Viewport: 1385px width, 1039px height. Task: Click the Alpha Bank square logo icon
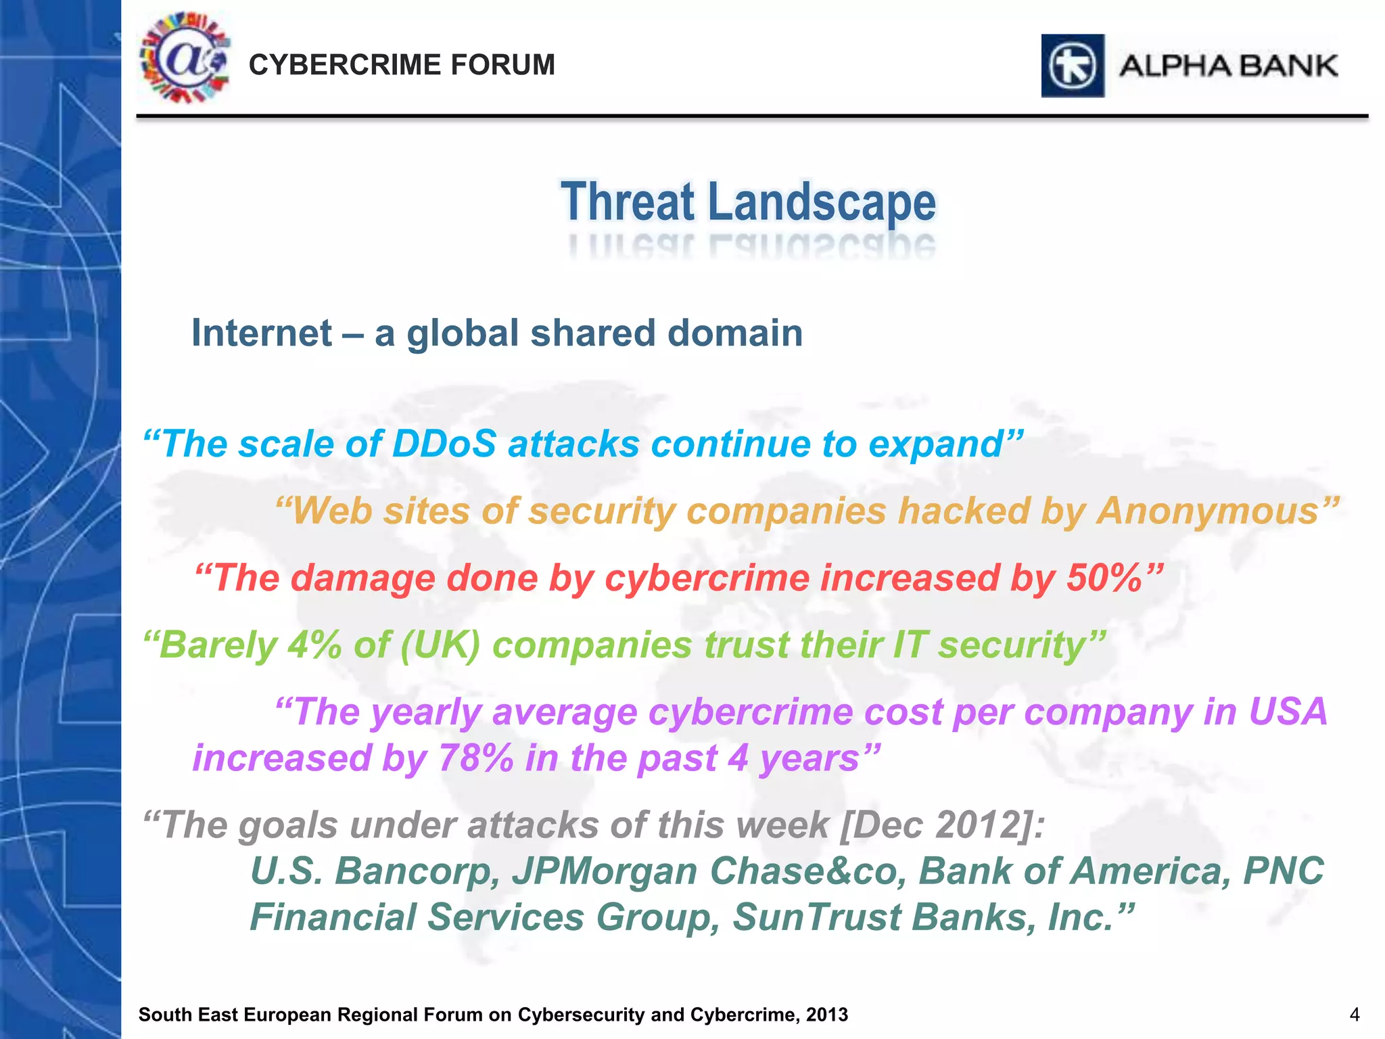pos(1073,66)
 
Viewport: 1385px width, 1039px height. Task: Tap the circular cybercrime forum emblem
pos(184,58)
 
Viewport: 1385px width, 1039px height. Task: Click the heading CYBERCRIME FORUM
pos(402,65)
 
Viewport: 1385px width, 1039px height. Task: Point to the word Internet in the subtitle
pos(262,333)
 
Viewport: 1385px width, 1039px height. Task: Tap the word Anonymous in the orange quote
pos(1208,511)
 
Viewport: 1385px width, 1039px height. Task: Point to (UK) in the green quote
pos(440,645)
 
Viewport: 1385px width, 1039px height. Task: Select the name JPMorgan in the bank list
pos(604,871)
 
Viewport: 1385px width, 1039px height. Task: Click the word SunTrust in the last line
pos(816,917)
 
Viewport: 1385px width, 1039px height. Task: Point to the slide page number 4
pos(1354,1015)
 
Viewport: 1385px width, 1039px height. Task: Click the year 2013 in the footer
pos(826,1015)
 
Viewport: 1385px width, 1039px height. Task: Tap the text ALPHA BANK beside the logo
pos(1228,66)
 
